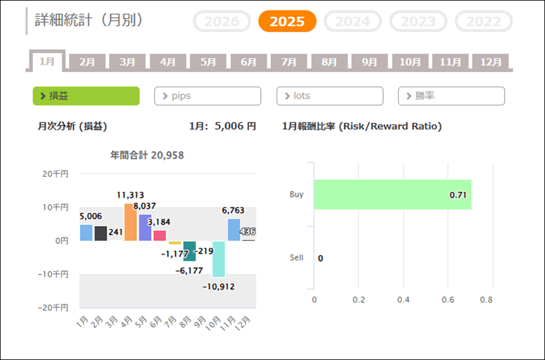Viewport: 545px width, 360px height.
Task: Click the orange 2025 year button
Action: coord(287,22)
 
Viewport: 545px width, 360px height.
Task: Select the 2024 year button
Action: coord(352,22)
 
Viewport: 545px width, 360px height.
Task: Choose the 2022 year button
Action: coord(483,22)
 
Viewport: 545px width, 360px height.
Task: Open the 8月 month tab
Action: coord(329,62)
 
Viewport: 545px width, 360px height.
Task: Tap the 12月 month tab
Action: coord(490,62)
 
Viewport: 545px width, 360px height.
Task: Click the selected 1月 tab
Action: coord(47,61)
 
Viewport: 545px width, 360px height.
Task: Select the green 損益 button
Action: coord(86,96)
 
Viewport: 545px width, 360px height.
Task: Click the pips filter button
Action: coord(208,96)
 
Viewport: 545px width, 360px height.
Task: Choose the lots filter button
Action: coord(330,96)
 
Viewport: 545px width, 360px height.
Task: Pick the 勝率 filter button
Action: coord(451,96)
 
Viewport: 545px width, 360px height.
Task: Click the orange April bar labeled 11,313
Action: coord(131,222)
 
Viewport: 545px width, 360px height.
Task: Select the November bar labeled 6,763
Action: coord(234,230)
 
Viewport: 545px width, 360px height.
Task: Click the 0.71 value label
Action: coord(457,195)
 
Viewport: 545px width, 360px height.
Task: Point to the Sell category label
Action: coord(297,258)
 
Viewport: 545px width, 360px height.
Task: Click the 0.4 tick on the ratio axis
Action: coord(403,299)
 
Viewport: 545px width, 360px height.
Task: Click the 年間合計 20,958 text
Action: coord(147,156)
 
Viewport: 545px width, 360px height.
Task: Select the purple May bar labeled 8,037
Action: coord(145,227)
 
